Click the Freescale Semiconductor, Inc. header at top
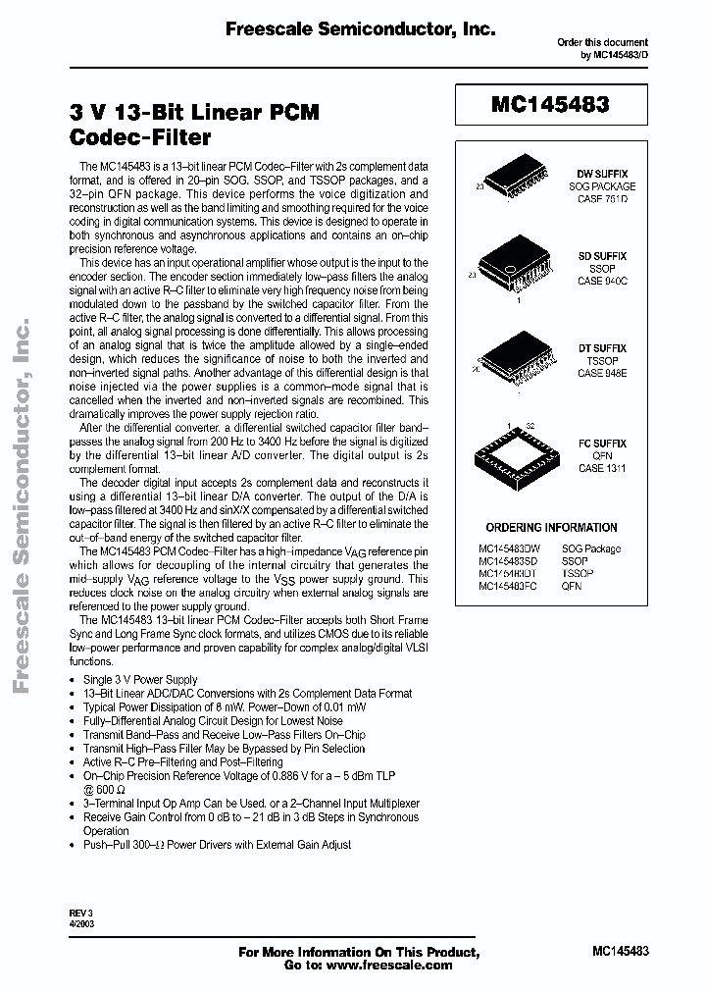(x=360, y=30)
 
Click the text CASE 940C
(x=602, y=281)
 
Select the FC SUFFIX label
(x=602, y=444)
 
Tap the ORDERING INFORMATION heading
(x=551, y=527)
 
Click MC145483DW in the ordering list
(x=509, y=549)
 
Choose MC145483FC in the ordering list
(x=508, y=586)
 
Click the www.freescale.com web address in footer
(x=390, y=965)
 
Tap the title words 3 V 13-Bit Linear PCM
(x=194, y=113)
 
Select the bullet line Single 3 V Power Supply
(x=140, y=679)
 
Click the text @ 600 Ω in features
(x=106, y=789)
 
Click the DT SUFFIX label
(x=602, y=348)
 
